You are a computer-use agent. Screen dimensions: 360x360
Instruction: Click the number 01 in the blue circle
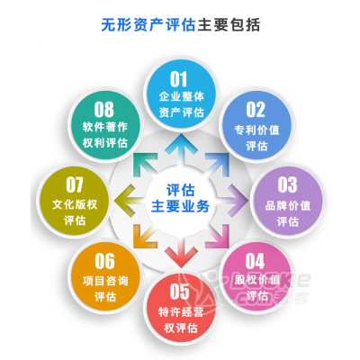pos(179,79)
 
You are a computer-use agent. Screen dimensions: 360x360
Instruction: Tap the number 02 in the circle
pos(256,110)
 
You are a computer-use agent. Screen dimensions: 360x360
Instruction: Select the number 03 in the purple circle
pos(287,184)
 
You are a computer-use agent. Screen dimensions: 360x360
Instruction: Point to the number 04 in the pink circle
pos(255,261)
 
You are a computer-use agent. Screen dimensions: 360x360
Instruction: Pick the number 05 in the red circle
pos(180,292)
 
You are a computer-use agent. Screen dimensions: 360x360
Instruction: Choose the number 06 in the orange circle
pos(104,261)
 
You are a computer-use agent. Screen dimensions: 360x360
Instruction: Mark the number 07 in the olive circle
pos(75,184)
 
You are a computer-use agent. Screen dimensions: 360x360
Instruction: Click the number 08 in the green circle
pos(104,110)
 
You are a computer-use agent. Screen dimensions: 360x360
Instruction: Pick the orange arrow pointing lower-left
pos(145,237)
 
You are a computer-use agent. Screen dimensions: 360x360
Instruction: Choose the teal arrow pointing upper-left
pos(145,165)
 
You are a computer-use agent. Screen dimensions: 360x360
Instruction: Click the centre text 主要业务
pos(180,207)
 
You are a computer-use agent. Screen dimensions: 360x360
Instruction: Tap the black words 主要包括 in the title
pos(229,25)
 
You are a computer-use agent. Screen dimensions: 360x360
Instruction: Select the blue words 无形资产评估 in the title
pos(148,25)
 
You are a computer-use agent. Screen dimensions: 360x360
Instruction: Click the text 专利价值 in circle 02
pos(256,130)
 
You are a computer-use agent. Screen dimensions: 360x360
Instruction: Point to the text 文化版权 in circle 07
pos(75,205)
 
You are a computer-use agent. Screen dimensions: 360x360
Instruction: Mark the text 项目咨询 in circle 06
pos(105,281)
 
